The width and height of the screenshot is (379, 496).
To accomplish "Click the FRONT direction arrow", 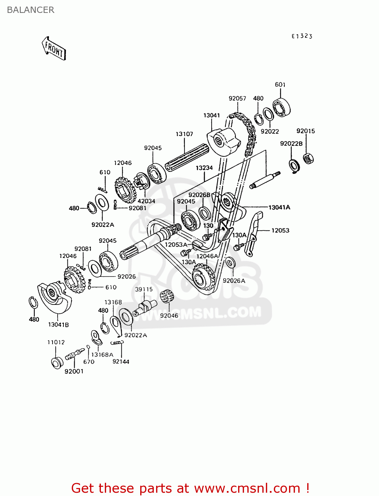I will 54,49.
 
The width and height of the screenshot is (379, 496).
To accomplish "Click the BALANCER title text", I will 30,10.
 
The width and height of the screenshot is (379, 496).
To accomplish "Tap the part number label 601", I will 280,85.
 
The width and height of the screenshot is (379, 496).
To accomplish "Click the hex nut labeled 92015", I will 308,158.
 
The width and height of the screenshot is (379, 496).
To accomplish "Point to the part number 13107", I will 184,134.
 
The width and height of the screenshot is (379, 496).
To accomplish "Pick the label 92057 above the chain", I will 237,98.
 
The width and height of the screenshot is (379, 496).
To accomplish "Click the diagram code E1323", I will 302,36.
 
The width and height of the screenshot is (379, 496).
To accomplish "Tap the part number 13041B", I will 59,325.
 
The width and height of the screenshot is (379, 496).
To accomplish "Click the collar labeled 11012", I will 57,363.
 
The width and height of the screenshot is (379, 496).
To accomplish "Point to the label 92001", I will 74,371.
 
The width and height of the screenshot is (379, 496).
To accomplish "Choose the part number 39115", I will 144,289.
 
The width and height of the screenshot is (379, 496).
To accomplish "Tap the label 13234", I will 204,168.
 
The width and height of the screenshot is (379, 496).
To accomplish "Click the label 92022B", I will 291,144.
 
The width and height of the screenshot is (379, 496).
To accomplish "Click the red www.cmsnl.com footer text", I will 190,488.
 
